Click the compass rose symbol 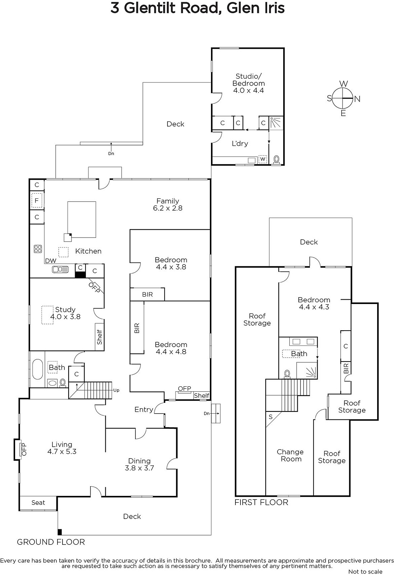343,98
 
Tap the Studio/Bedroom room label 248,83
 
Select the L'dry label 240,143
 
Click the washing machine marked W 262,159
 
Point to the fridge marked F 37,200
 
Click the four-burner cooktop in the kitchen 38,249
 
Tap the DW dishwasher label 51,261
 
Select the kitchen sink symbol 60,270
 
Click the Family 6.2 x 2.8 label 168,204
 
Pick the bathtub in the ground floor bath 37,369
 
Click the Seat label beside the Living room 38,503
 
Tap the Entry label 143,409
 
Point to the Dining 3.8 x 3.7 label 139,464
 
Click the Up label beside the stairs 116,390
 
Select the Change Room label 290,455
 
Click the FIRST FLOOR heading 261,502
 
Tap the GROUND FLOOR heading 51,542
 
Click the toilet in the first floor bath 287,374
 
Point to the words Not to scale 366,571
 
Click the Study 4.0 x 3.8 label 65,313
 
